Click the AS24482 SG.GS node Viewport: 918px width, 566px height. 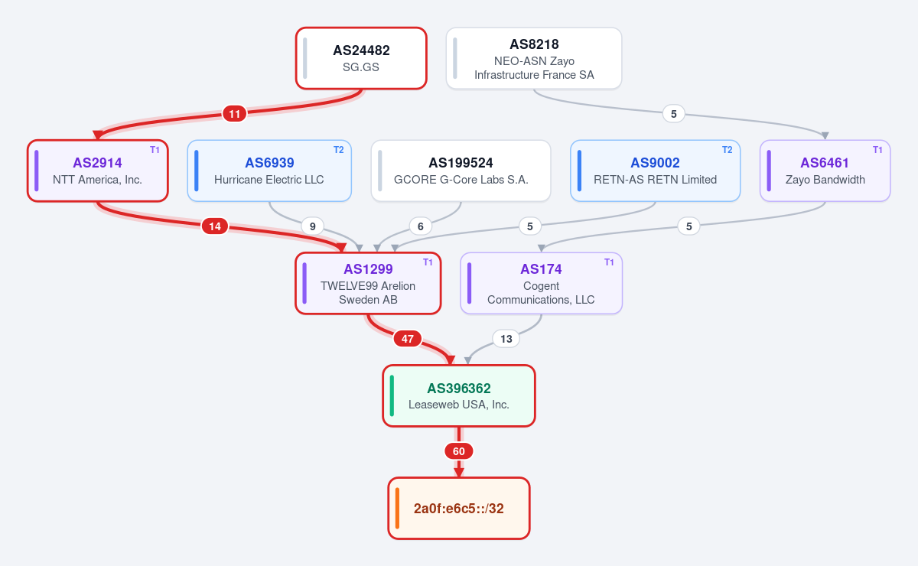click(x=361, y=58)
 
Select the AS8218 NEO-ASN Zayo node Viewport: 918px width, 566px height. click(x=534, y=58)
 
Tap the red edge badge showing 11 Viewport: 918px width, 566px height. click(x=234, y=113)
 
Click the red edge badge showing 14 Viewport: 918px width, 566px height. click(x=215, y=226)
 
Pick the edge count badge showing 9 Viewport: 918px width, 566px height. click(x=312, y=226)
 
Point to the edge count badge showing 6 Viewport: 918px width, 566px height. click(x=421, y=226)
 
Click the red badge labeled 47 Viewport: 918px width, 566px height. click(x=407, y=339)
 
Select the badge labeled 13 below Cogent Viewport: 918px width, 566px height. click(x=506, y=339)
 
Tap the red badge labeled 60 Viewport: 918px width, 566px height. click(x=458, y=451)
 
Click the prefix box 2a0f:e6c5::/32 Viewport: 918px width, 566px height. click(x=458, y=508)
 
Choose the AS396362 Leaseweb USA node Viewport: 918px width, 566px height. click(x=458, y=396)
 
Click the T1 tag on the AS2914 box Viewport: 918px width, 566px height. click(x=155, y=150)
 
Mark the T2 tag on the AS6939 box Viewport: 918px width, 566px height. click(x=338, y=150)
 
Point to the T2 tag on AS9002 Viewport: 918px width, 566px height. click(x=727, y=150)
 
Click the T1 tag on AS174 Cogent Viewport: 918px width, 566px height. click(x=609, y=262)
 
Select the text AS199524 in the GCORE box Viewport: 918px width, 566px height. click(x=461, y=163)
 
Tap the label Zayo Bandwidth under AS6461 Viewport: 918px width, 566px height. click(x=825, y=180)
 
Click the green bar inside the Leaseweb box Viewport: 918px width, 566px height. click(x=392, y=396)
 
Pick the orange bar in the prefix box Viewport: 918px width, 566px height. click(x=397, y=508)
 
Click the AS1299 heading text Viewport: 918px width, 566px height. click(x=368, y=269)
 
